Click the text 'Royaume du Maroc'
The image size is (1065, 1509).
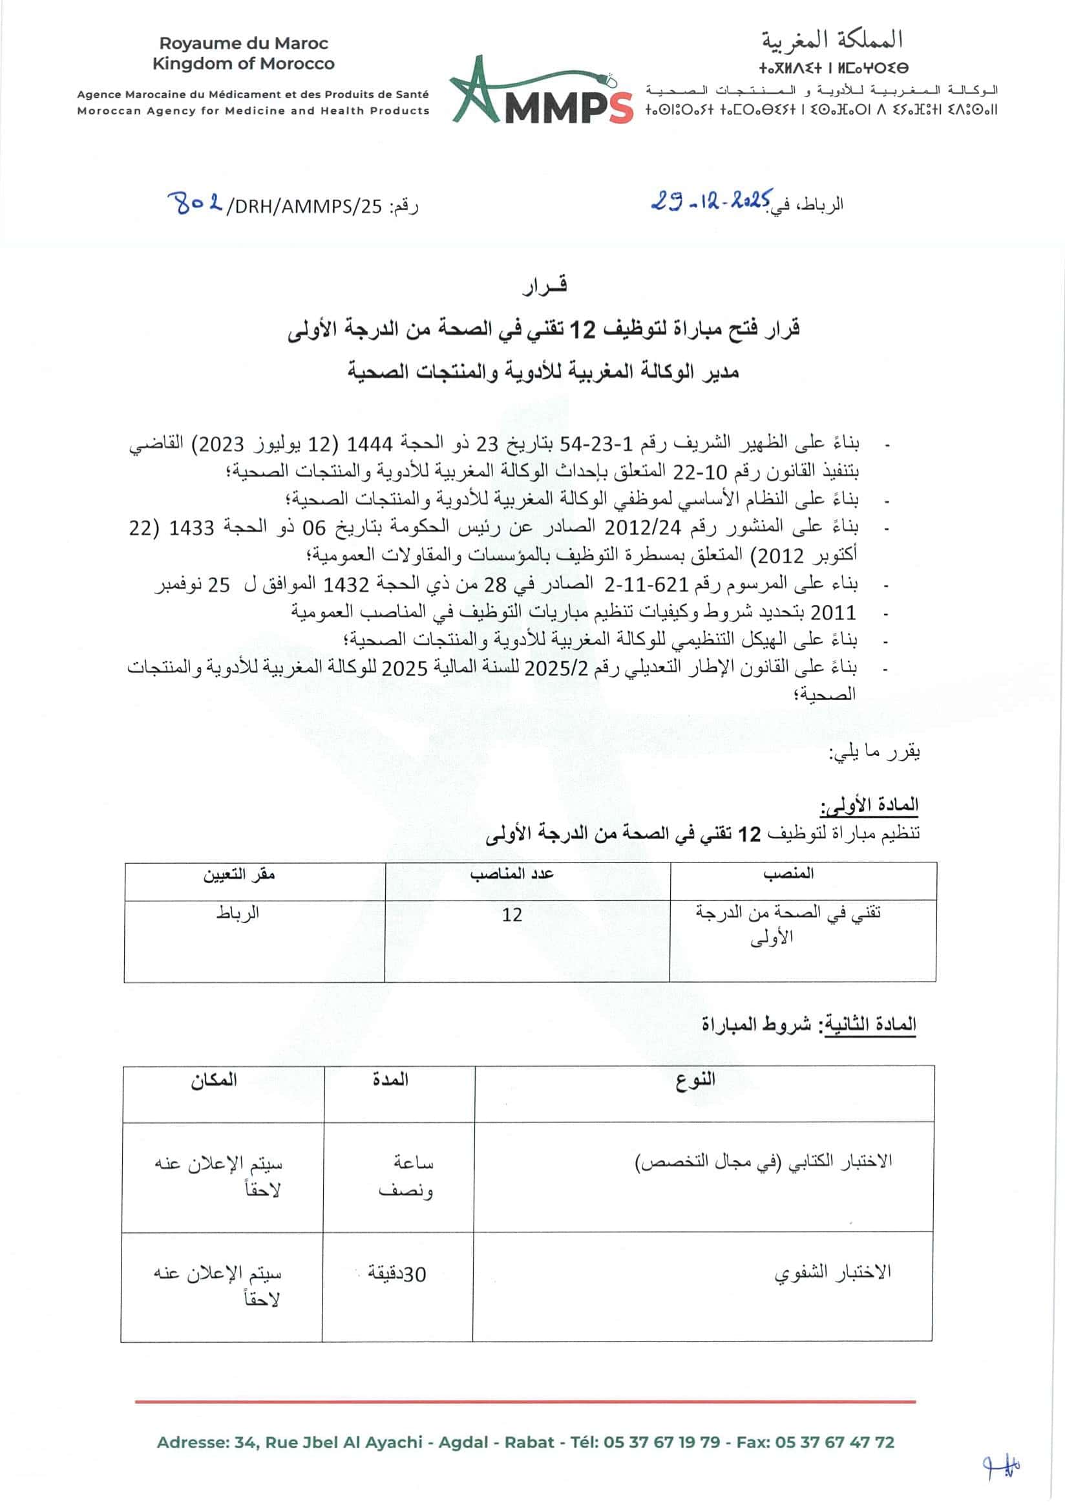(244, 43)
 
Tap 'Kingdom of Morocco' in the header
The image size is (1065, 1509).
(244, 64)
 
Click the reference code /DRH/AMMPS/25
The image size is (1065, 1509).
(304, 206)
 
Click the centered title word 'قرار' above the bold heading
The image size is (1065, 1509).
(545, 286)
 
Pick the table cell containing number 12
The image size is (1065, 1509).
(512, 915)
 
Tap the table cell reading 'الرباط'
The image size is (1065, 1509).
(238, 914)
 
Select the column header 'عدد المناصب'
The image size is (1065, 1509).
(512, 873)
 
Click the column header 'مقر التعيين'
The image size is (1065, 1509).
(238, 875)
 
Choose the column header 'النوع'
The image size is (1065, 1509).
(695, 1080)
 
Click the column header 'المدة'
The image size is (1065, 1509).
(390, 1080)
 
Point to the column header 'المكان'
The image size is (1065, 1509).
(213, 1080)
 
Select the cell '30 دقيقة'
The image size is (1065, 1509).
(396, 1274)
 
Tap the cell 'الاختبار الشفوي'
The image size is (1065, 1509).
(832, 1273)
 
